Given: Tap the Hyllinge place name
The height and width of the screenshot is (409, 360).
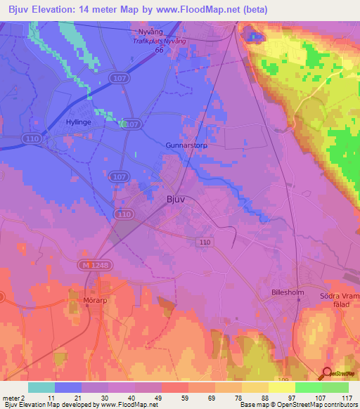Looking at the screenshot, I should pos(79,121).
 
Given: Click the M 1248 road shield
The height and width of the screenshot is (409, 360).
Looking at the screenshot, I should pos(91,265).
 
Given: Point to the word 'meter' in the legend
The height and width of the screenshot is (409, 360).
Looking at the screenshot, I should pos(13,398).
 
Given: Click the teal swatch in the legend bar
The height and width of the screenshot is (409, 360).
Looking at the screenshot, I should pos(41,387).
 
